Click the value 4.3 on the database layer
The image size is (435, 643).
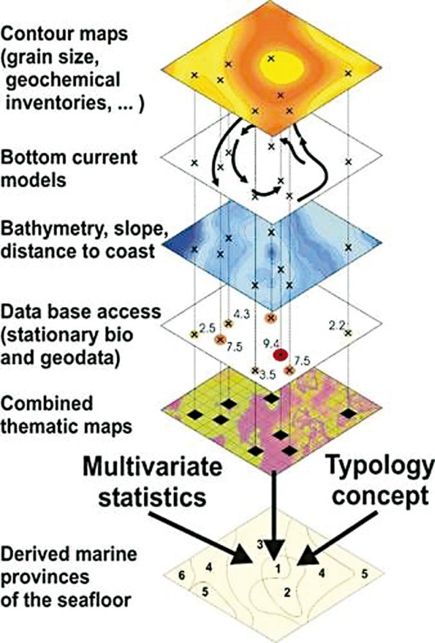point(241,314)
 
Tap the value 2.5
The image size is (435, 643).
point(207,329)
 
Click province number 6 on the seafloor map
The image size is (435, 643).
point(181,576)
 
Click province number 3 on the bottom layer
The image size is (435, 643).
point(259,544)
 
